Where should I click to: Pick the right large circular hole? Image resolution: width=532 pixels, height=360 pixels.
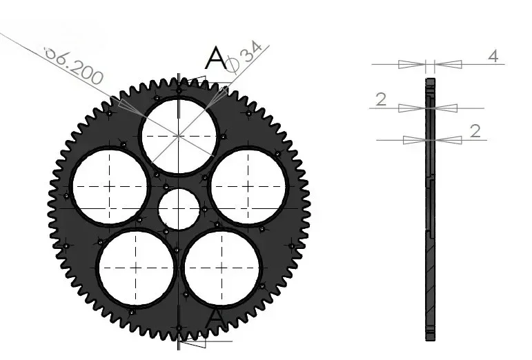click(x=248, y=186)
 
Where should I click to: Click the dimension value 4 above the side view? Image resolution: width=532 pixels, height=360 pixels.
click(x=493, y=57)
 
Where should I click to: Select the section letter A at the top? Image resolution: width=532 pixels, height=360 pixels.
click(x=216, y=59)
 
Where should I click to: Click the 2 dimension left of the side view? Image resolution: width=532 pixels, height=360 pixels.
click(x=381, y=100)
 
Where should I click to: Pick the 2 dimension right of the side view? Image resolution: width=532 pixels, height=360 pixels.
click(x=475, y=131)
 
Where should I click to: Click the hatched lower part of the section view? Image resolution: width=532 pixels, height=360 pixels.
click(x=431, y=283)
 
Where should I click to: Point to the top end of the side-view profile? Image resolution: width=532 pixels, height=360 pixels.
click(x=431, y=81)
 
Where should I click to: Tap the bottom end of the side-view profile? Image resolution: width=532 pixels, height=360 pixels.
click(x=431, y=337)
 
